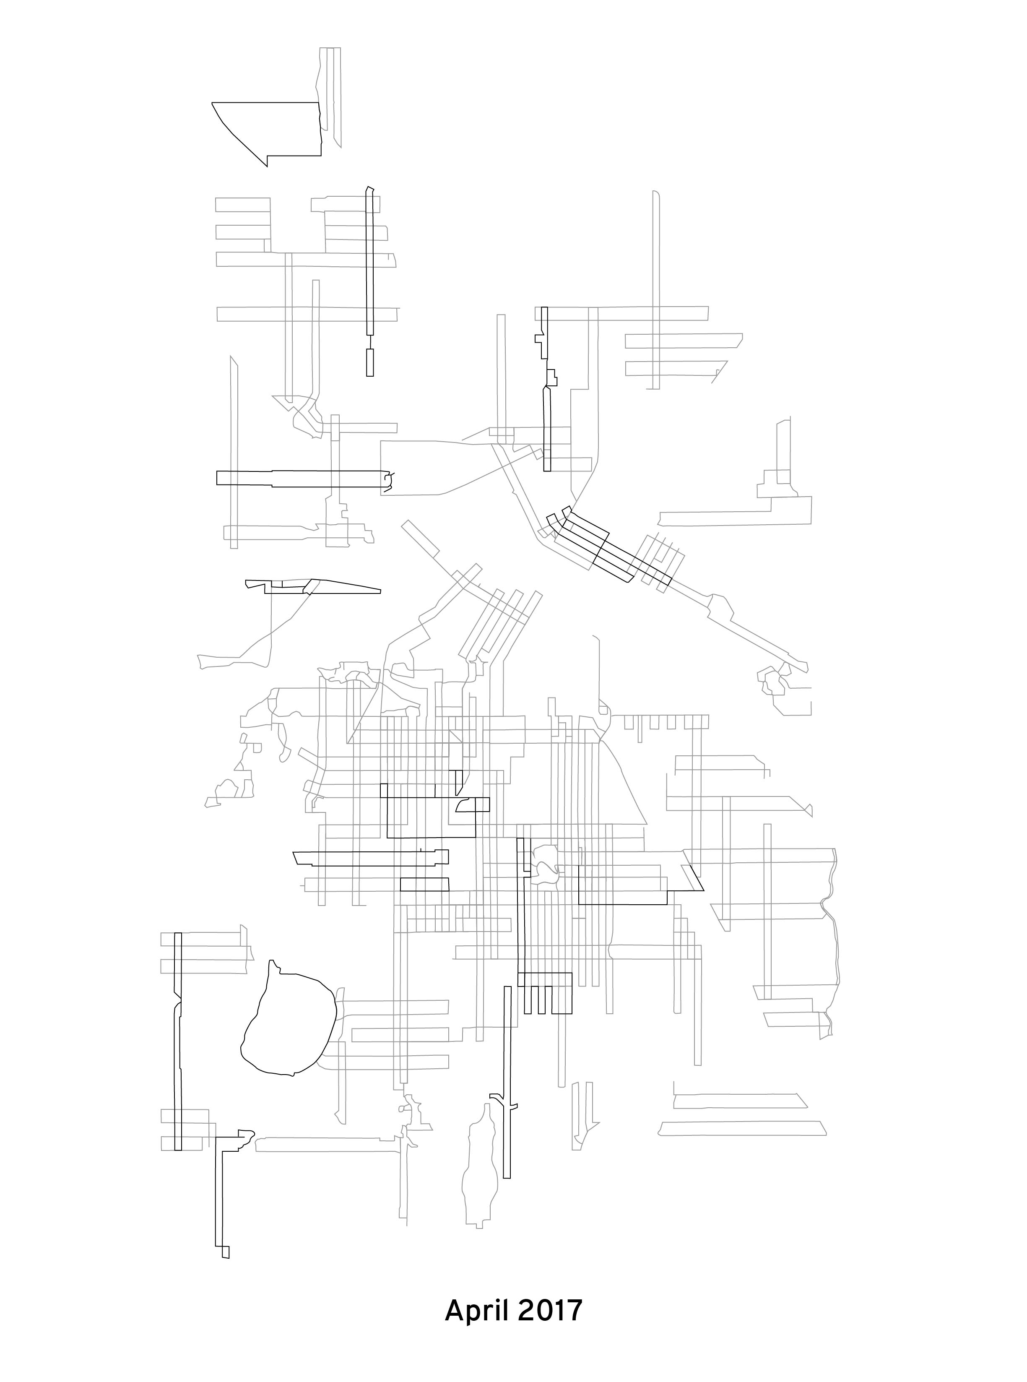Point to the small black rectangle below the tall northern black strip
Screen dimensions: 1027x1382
pos(370,362)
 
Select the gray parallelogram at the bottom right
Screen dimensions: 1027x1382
pos(743,1128)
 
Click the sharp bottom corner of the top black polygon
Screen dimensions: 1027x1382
pos(267,165)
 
